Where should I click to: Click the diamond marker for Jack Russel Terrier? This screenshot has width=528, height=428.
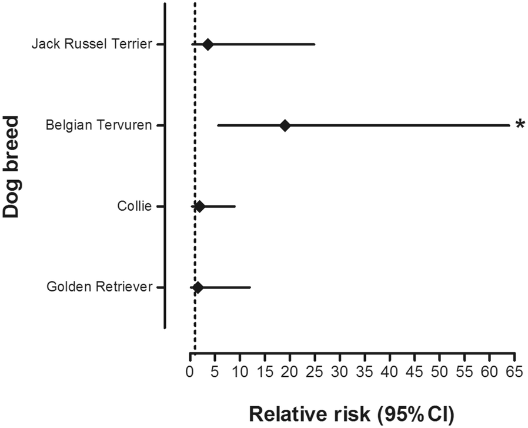click(208, 44)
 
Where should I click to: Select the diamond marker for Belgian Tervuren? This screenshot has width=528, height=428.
click(285, 125)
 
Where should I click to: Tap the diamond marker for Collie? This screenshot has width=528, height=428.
click(199, 207)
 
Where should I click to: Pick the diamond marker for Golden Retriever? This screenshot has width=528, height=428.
click(198, 287)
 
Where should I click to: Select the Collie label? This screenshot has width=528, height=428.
click(135, 207)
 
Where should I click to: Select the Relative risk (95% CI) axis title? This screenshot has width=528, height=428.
click(352, 413)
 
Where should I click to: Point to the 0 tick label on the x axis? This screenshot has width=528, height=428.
click(190, 372)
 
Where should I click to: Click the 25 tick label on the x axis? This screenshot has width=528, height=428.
click(315, 372)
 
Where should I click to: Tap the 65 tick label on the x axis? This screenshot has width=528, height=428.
click(515, 372)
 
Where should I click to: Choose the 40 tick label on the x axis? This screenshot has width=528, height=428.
click(390, 372)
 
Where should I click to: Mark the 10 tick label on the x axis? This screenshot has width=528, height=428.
click(240, 372)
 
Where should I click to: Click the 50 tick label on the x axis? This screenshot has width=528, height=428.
click(440, 372)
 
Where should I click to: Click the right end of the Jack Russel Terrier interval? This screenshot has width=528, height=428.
click(315, 44)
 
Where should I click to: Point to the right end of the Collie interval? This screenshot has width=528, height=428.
click(235, 207)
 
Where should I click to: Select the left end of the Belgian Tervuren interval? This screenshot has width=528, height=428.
click(218, 125)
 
